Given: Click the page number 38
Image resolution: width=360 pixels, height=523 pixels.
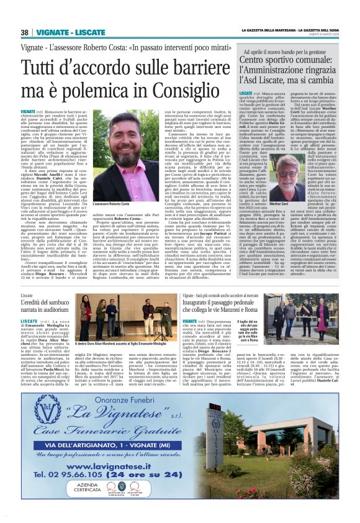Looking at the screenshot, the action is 24,32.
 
